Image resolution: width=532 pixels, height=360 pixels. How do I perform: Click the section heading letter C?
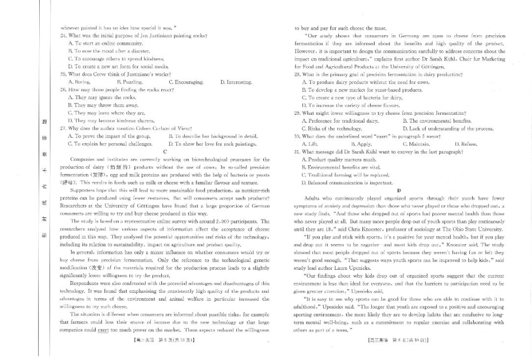point(165,151)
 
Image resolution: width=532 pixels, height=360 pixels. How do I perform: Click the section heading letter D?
point(399,190)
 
